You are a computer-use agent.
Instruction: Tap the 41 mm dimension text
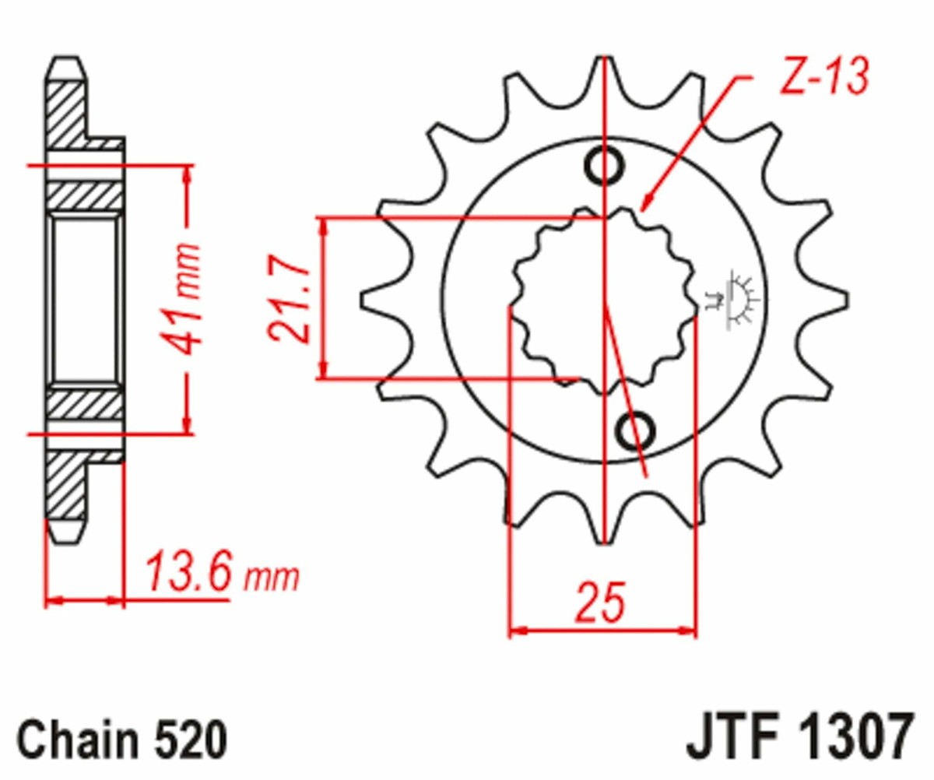click(188, 298)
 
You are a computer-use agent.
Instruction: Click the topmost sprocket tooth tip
click(606, 62)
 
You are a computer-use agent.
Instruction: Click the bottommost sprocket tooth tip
click(606, 539)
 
